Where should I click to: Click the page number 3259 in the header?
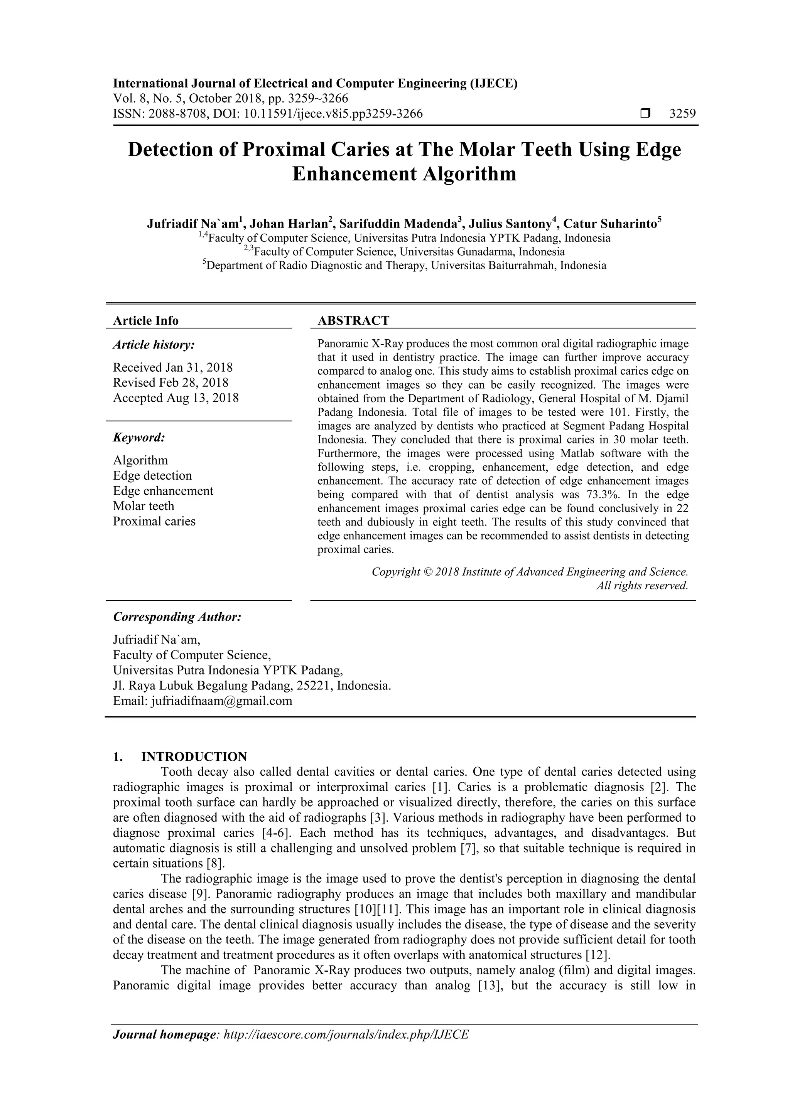682,114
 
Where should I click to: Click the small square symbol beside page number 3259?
645,114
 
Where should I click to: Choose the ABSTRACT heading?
353,320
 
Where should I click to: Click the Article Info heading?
145,320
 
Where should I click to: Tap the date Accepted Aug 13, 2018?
176,398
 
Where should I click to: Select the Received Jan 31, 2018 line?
173,367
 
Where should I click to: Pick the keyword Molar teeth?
143,506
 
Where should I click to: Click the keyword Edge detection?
152,475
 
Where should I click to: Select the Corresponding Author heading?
177,617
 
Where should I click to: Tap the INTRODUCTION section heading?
194,756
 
